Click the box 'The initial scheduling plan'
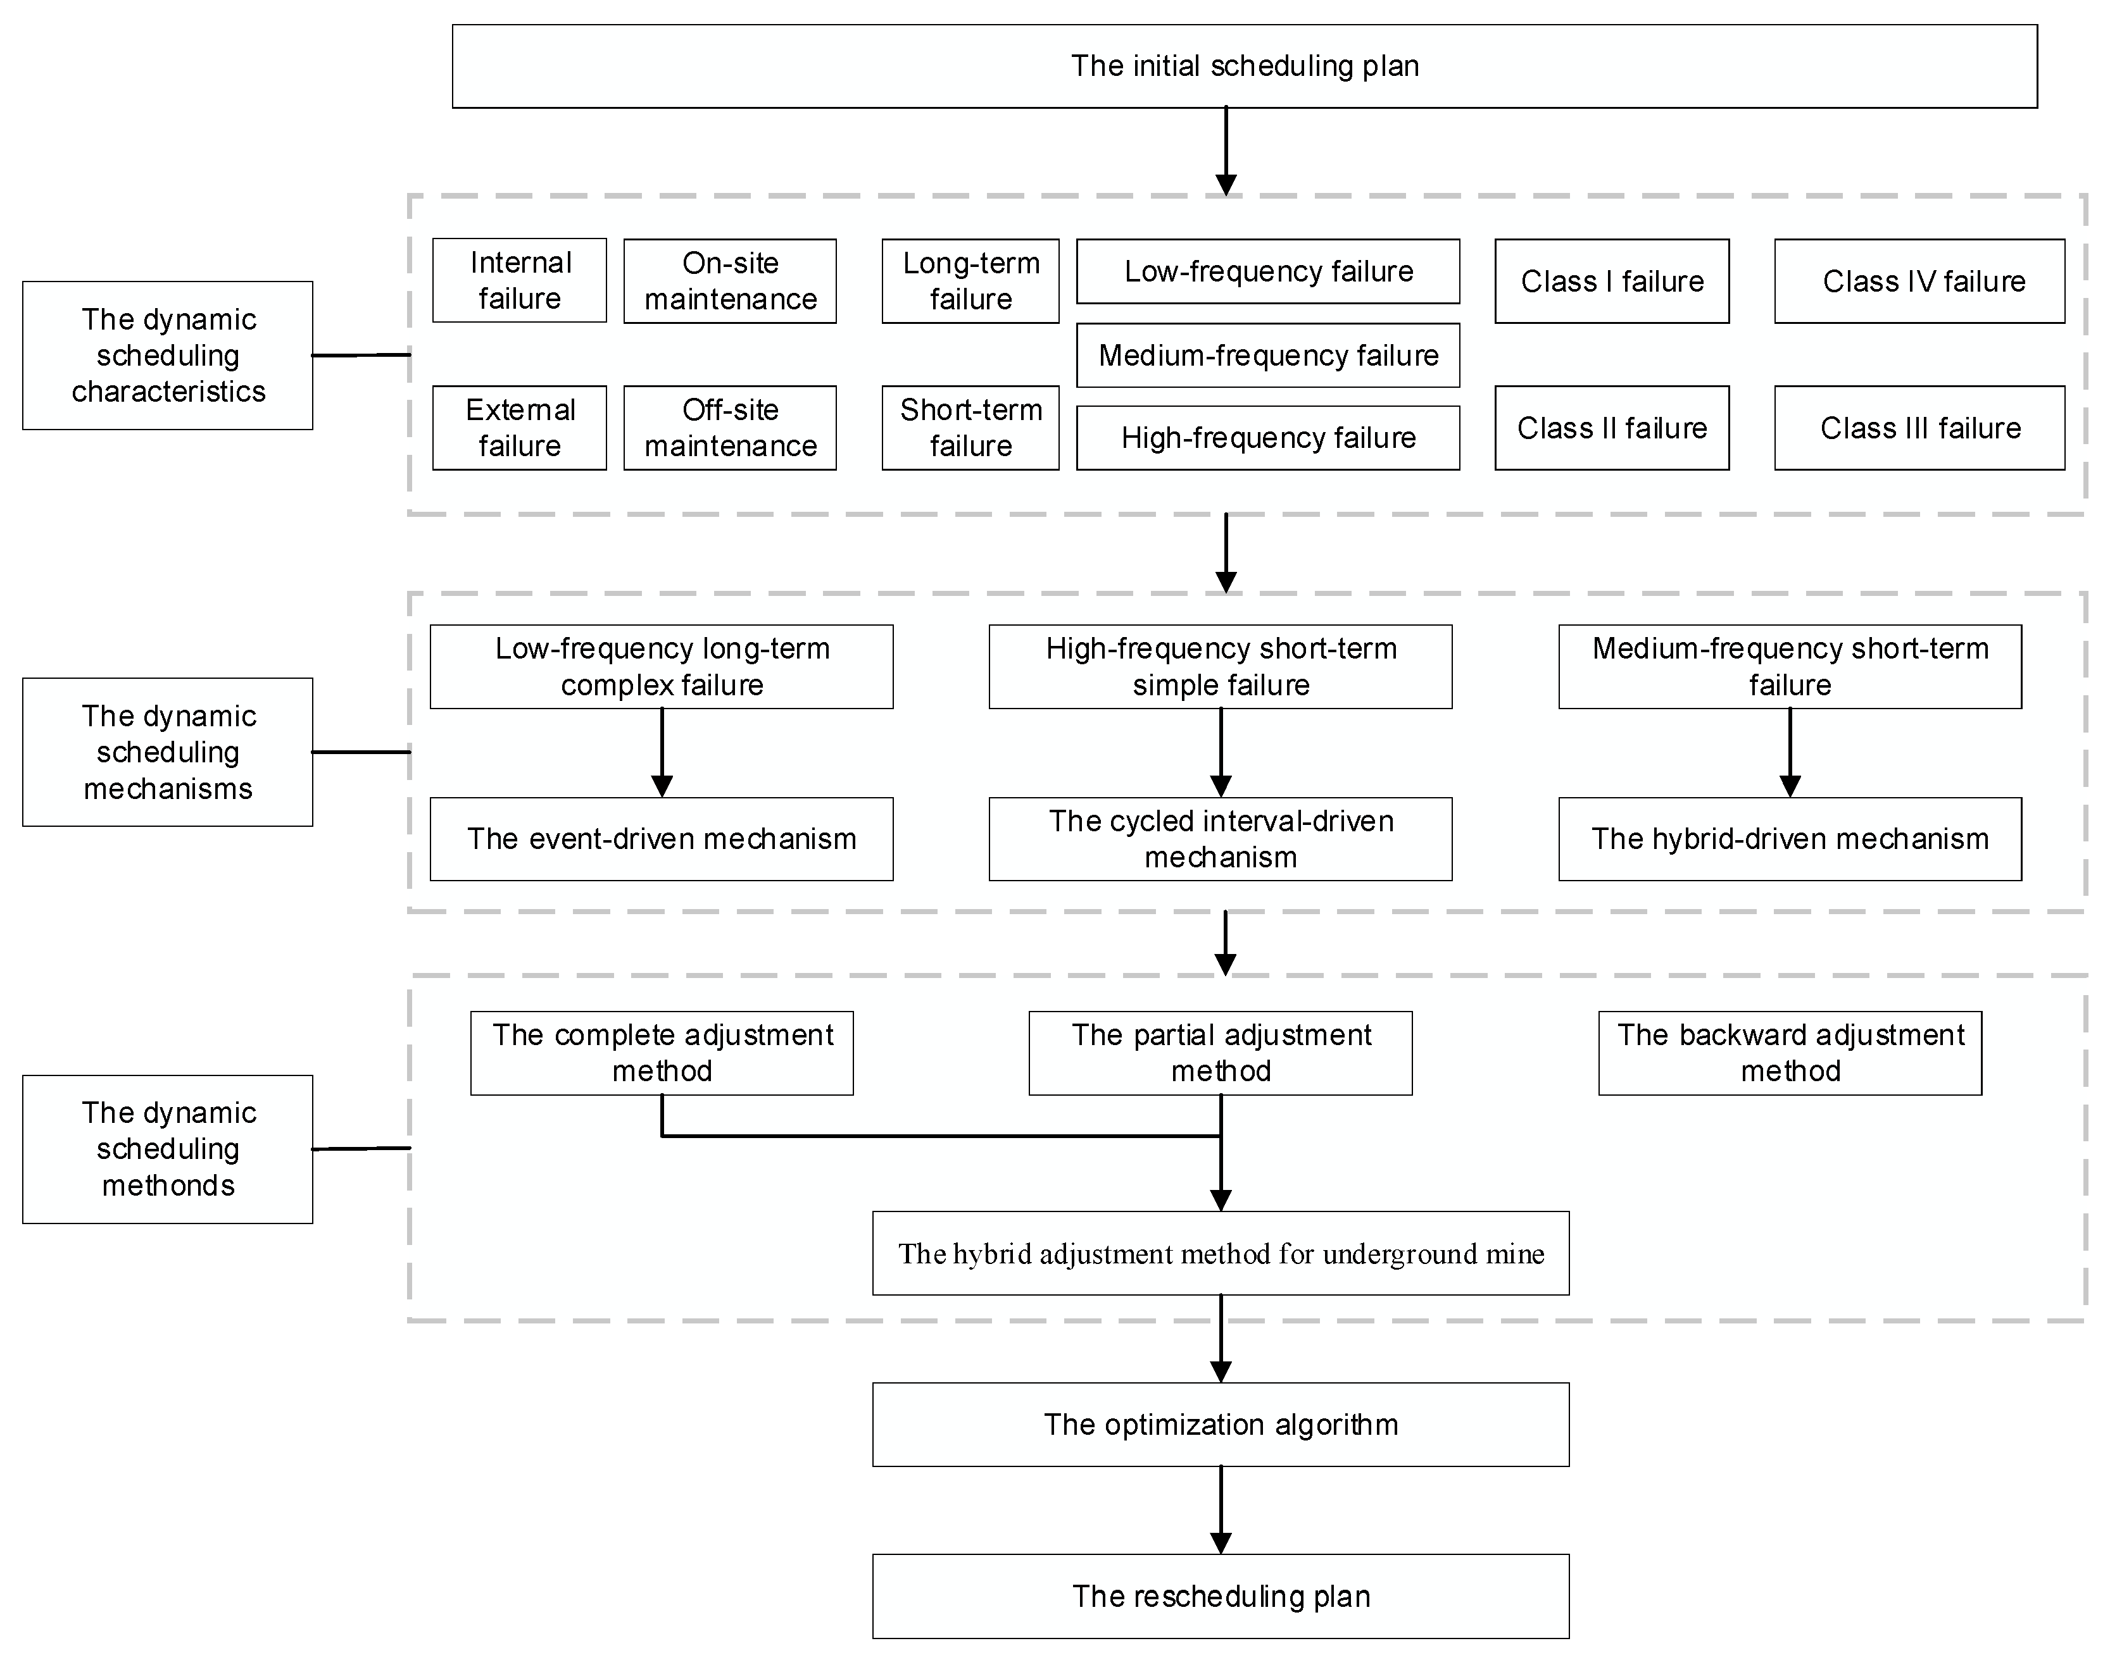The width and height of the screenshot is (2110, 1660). [x=1245, y=66]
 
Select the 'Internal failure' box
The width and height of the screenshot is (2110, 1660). [x=519, y=281]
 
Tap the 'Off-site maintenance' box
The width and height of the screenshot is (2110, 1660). [x=729, y=428]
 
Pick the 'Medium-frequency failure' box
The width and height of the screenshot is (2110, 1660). [x=1268, y=356]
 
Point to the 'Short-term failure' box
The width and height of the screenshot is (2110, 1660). [x=970, y=428]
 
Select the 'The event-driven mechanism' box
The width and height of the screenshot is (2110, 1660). [x=661, y=839]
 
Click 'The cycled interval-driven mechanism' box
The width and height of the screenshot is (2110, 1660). [x=1221, y=839]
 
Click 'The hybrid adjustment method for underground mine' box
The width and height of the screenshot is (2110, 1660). [x=1221, y=1254]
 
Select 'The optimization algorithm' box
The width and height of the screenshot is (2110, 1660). [x=1221, y=1425]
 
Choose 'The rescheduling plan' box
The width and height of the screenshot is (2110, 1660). [x=1221, y=1597]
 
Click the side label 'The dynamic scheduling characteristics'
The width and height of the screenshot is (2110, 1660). [x=168, y=356]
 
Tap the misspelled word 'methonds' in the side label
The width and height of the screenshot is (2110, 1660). [x=168, y=1186]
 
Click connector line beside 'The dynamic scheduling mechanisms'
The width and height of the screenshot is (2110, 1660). [x=361, y=752]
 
